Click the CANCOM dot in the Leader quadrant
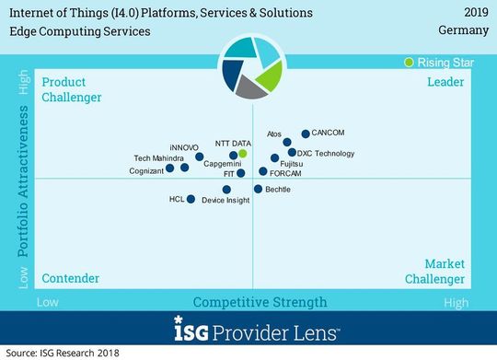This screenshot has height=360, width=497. point(306,134)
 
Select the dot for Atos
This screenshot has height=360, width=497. point(287,143)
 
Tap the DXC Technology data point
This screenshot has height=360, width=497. point(292,153)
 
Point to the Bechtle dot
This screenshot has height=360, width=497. point(257,189)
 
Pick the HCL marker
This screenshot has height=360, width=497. point(191,199)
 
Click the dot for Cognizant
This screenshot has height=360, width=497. point(170,168)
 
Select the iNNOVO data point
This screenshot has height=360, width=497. point(199,157)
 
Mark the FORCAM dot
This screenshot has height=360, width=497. point(263,172)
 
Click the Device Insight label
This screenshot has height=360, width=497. point(225,200)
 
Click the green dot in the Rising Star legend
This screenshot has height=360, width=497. point(410,63)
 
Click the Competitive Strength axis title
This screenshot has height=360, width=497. point(260,302)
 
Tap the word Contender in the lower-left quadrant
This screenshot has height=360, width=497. point(71,278)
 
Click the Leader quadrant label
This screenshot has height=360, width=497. point(445,83)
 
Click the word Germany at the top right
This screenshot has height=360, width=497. point(457,31)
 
